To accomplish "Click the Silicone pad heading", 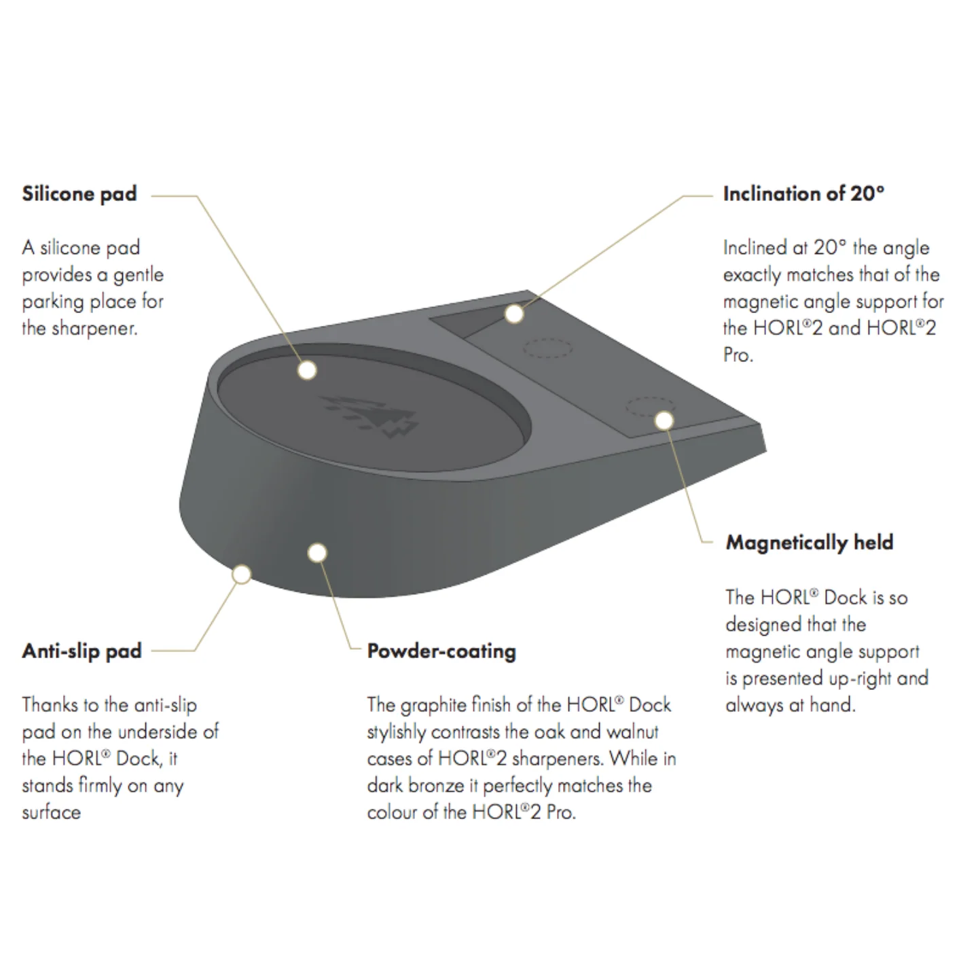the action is [x=79, y=194].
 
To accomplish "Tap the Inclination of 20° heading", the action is [x=803, y=194].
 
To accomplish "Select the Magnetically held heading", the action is [x=810, y=543].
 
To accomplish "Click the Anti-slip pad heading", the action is [x=81, y=651].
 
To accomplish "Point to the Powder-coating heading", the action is [x=441, y=651].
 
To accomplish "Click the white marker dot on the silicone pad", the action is [x=307, y=370].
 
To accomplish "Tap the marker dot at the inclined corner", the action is [x=514, y=314].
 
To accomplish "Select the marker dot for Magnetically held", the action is [x=664, y=420].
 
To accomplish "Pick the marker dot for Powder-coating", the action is [x=317, y=553].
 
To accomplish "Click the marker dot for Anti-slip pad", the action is [x=242, y=575].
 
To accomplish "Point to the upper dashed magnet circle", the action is [x=548, y=348].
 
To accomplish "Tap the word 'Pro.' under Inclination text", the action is [x=738, y=355].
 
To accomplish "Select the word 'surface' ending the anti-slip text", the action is [x=51, y=812].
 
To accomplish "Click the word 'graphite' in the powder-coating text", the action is [x=434, y=706].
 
